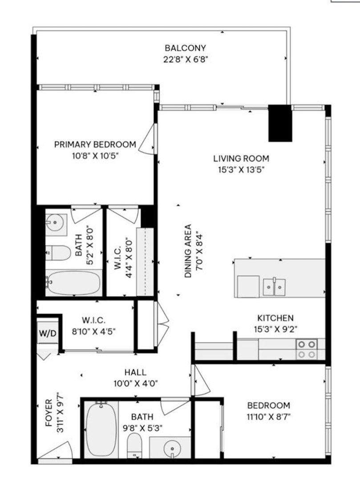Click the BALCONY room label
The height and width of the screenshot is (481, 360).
(185, 48)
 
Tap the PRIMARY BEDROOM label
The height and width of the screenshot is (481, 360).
(95, 145)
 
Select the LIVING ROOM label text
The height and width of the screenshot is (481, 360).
(241, 159)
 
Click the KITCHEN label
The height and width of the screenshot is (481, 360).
(275, 318)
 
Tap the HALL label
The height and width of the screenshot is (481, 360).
(135, 373)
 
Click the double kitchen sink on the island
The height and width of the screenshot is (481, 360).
(274, 286)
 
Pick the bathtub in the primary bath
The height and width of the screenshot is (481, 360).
(74, 283)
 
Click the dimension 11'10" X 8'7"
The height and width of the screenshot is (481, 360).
(268, 417)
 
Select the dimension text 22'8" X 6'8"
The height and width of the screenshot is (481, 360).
(185, 59)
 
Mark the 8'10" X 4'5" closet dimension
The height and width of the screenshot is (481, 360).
(100, 331)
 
